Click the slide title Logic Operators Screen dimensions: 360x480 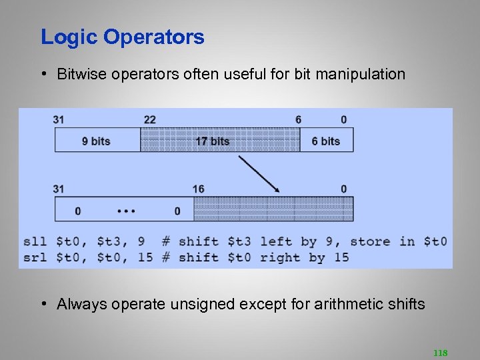coord(123,37)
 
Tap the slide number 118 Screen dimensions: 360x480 coord(440,352)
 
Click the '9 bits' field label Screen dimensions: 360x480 coord(96,141)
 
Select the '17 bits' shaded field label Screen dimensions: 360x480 coord(213,141)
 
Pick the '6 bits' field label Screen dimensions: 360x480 coord(325,141)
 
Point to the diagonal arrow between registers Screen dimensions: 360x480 coord(259,174)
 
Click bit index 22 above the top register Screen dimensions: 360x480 coord(149,119)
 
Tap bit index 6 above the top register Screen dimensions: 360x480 coord(298,119)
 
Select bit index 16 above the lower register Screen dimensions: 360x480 coord(198,189)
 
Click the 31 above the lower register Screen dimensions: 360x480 coord(59,189)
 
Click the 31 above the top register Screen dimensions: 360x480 coord(59,119)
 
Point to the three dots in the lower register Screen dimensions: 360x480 coord(126,211)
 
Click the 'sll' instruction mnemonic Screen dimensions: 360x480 coord(35,241)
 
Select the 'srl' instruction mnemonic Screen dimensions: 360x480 coord(35,257)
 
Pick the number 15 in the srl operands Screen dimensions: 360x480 coord(145,257)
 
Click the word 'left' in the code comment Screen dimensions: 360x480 coord(276,241)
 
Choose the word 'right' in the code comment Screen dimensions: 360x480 coord(280,257)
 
